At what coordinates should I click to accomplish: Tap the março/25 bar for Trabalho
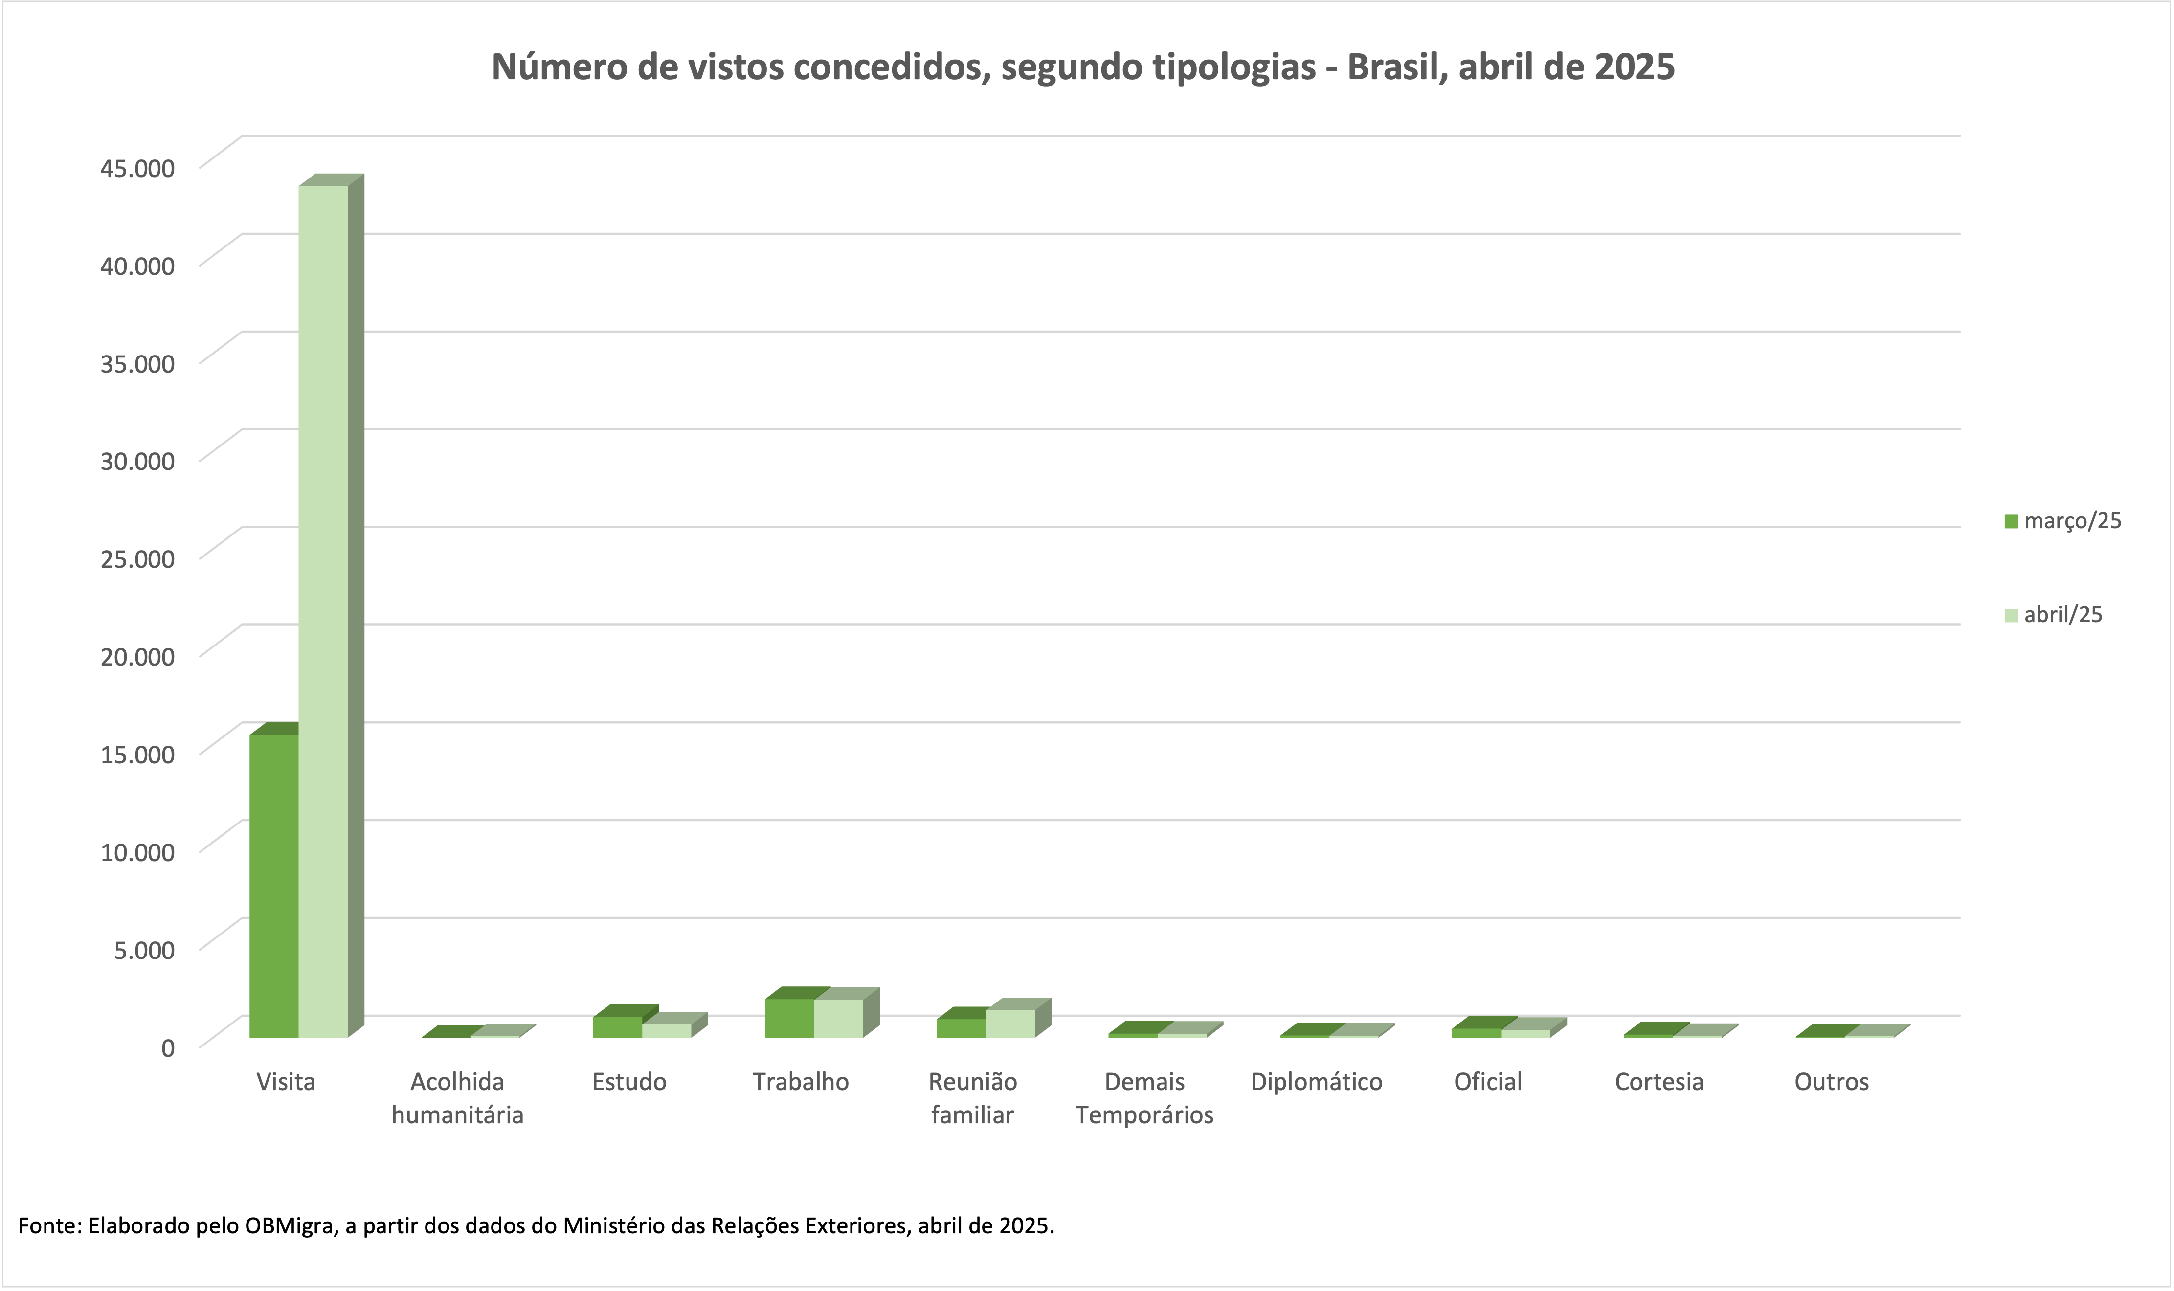789,1018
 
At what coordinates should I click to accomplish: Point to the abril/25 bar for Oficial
1525,1033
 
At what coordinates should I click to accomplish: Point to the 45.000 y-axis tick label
137,168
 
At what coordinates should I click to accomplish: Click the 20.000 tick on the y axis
137,656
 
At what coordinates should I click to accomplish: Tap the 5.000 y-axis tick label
144,949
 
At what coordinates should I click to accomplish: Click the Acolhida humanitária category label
458,1098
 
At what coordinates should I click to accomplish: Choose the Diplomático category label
1316,1082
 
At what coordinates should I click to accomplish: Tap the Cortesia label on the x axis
1659,1082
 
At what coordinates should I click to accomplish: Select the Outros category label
1831,1082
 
